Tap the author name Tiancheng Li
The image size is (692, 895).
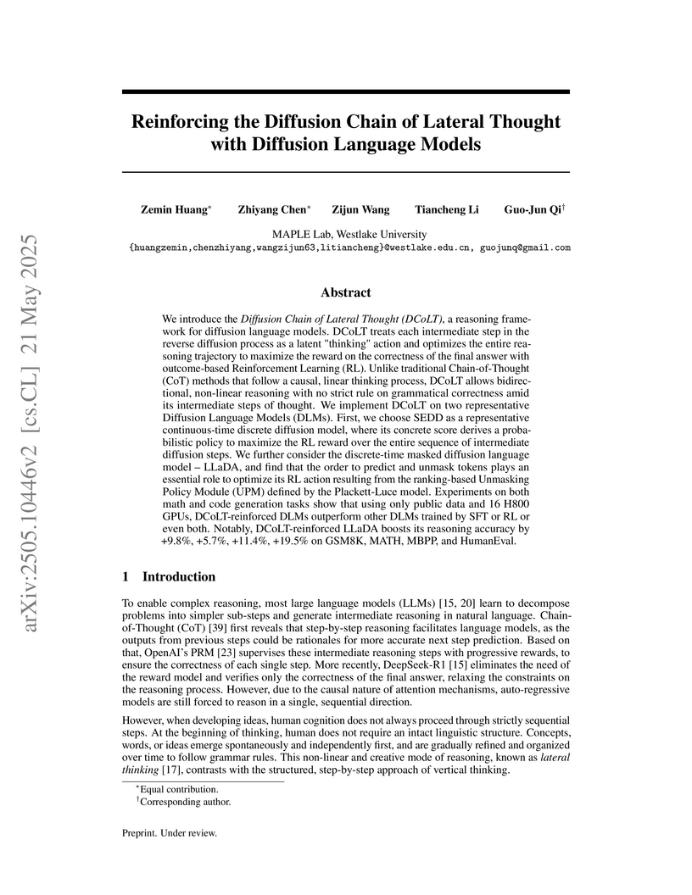446,209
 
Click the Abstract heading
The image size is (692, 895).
346,292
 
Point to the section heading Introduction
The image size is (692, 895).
179,576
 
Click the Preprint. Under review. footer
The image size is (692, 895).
170,834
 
